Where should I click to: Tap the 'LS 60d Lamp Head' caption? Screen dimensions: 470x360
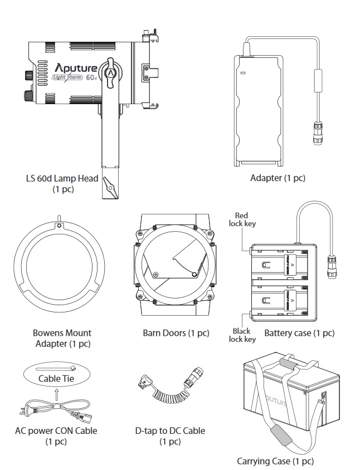point(62,179)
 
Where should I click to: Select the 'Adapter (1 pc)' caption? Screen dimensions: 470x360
point(278,178)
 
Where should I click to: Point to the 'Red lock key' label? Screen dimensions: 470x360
point(241,219)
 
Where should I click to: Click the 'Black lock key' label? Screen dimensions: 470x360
point(242,335)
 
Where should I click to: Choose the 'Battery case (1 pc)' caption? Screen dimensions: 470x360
point(299,333)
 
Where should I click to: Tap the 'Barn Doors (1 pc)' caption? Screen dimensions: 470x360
point(176,333)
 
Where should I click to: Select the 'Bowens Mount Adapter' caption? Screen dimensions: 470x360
point(62,338)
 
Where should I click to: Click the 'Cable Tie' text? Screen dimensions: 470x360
point(56,379)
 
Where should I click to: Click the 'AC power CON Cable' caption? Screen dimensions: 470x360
point(56,430)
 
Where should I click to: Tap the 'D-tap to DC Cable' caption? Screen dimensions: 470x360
point(170,430)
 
